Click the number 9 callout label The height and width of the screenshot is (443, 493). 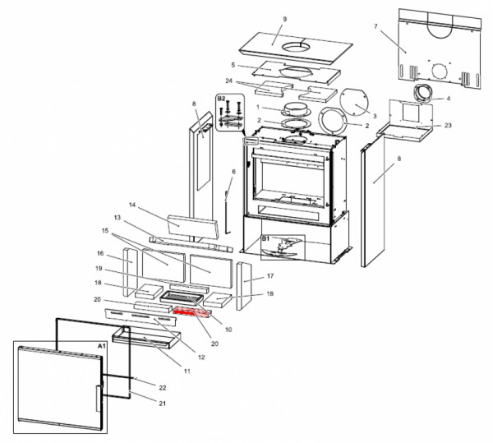click(284, 19)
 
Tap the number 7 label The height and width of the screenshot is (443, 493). click(376, 27)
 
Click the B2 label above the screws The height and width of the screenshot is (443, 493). click(221, 99)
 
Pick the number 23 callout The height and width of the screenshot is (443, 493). click(448, 126)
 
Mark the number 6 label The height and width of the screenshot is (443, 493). click(233, 172)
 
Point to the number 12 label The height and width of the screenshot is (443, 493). click(200, 358)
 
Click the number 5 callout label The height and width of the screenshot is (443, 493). click(233, 65)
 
